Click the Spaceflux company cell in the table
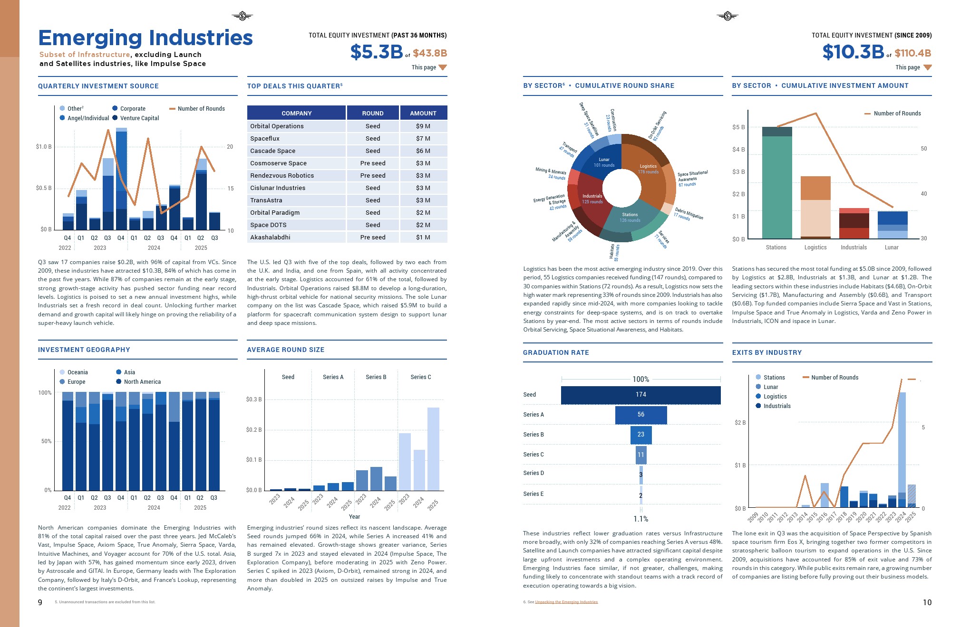[265, 139]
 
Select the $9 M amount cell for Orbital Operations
[423, 126]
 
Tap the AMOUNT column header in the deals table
[423, 113]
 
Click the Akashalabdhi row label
[270, 237]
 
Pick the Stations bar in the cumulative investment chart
[776, 185]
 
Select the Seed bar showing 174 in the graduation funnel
[640, 395]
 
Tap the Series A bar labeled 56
[640, 415]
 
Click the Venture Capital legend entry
[139, 118]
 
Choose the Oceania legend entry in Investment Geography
[77, 372]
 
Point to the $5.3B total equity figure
[376, 52]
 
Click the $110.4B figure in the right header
[912, 53]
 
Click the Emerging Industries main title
[145, 38]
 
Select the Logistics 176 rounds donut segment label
[648, 169]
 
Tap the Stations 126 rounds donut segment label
[630, 218]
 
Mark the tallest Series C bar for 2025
[433, 449]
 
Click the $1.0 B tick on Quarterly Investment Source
[44, 147]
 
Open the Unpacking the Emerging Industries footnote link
[566, 602]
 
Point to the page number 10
[927, 602]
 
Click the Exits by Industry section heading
[766, 352]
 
